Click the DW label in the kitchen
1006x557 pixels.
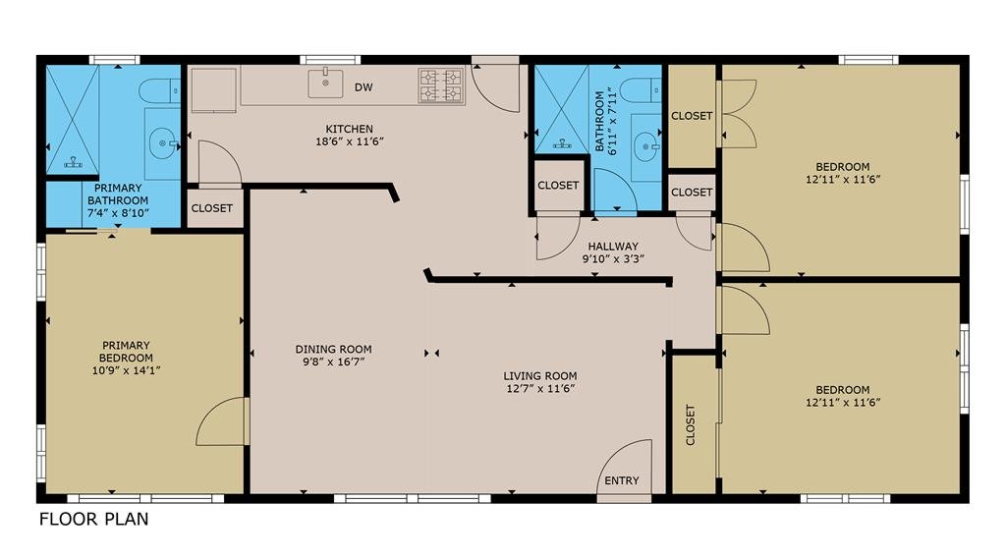[x=363, y=87]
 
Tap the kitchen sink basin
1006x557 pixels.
[x=325, y=84]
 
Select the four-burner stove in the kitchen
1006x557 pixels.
[x=441, y=86]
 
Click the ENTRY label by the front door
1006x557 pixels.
[x=622, y=480]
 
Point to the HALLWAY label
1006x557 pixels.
[x=613, y=246]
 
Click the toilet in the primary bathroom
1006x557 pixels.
[x=159, y=90]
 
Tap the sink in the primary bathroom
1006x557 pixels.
[x=164, y=143]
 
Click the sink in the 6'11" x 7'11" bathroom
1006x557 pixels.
[x=645, y=147]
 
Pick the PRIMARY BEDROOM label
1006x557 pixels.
[x=126, y=351]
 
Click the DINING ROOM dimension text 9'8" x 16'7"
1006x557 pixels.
[x=334, y=362]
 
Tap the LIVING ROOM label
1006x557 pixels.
[x=539, y=376]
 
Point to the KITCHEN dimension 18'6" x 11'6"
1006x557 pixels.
[x=350, y=141]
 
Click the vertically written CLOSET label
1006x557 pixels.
[x=691, y=424]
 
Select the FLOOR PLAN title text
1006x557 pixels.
[x=93, y=519]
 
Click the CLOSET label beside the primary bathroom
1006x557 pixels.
[x=212, y=208]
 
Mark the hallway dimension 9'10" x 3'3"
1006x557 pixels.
[x=613, y=259]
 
